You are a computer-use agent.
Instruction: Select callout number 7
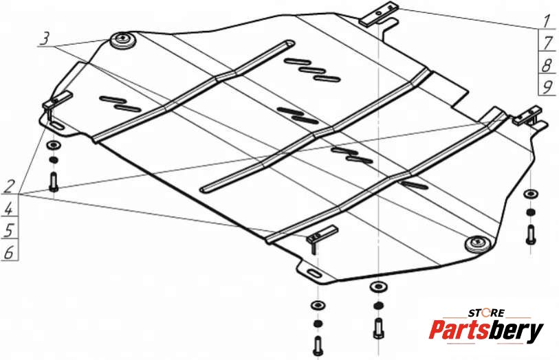click(x=547, y=43)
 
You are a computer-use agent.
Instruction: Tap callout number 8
click(x=547, y=65)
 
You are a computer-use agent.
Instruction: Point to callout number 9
click(x=547, y=87)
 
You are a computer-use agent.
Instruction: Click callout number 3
click(x=45, y=38)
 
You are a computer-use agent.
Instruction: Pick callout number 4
click(x=9, y=209)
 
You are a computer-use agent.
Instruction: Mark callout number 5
click(x=9, y=231)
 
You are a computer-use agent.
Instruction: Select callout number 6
click(x=9, y=252)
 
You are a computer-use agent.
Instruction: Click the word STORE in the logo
click(x=486, y=313)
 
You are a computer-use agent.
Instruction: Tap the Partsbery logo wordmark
click(x=485, y=330)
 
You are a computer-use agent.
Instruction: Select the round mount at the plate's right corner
click(x=478, y=244)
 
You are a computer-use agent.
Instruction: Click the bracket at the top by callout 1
click(x=379, y=14)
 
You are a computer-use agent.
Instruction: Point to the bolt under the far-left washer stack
click(x=54, y=181)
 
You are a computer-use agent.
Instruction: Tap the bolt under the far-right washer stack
click(x=531, y=235)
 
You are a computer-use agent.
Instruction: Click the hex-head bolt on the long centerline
click(x=379, y=328)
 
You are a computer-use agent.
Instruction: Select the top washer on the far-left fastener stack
click(x=54, y=145)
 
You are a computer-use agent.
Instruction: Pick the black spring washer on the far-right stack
click(x=531, y=212)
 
